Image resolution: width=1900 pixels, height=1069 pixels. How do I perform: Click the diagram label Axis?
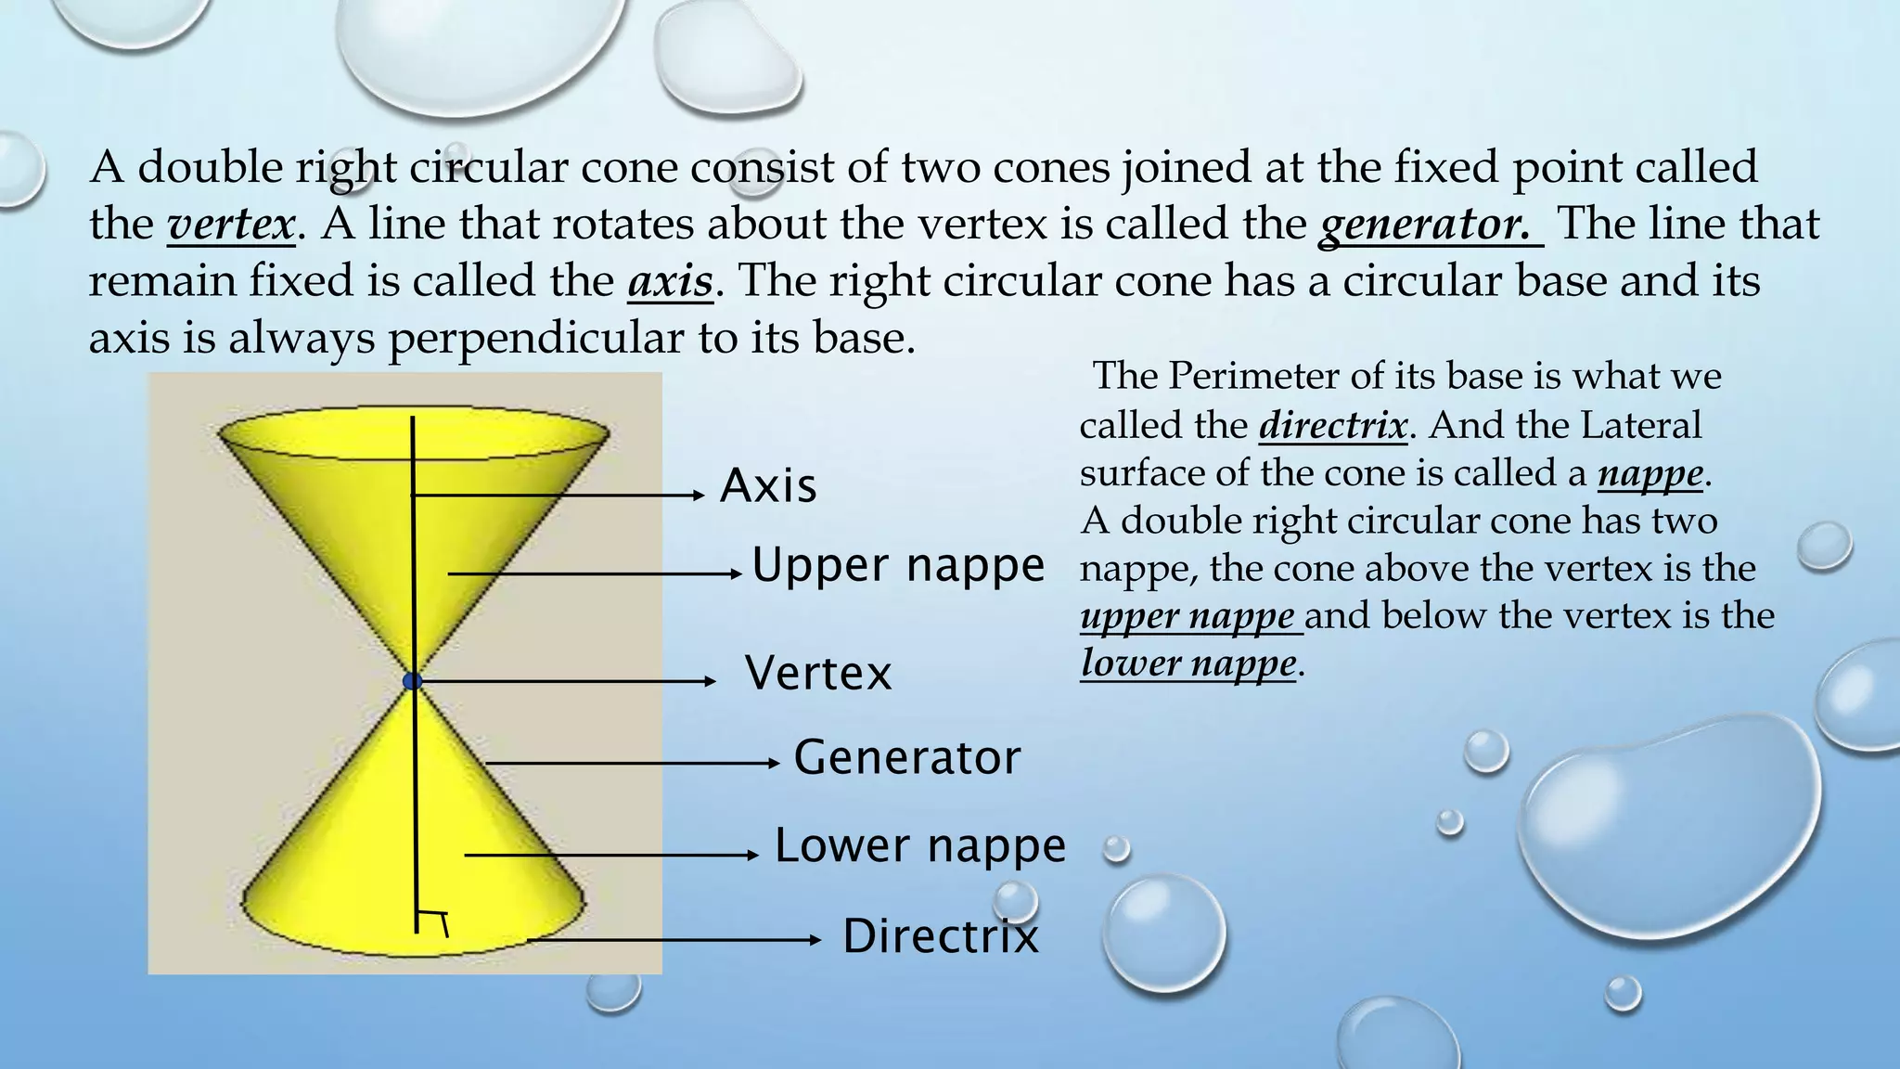click(768, 485)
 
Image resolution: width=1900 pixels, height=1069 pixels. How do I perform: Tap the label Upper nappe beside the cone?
click(898, 564)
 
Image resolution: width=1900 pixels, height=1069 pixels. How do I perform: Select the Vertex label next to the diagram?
click(817, 673)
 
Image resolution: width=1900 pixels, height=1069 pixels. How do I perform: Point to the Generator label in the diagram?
click(906, 757)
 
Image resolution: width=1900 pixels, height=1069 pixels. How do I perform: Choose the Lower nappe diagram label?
click(920, 845)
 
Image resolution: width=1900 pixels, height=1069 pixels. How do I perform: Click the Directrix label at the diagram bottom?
click(940, 935)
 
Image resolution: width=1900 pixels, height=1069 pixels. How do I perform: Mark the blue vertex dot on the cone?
click(413, 681)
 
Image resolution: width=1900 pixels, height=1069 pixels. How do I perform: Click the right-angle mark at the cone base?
click(432, 922)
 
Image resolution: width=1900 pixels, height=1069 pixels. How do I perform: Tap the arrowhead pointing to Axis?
click(700, 496)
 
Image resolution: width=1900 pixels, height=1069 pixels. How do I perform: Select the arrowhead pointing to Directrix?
click(815, 940)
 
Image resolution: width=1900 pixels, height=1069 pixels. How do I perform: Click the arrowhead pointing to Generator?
click(774, 763)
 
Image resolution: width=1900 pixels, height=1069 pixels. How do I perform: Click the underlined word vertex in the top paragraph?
click(231, 225)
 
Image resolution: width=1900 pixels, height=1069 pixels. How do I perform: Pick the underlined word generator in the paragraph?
click(1424, 225)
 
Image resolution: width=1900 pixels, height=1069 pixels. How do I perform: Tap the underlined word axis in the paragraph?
click(670, 281)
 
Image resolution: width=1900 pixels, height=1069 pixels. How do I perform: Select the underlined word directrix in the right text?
click(1332, 425)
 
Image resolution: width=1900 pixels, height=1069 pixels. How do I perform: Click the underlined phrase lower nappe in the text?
click(1188, 663)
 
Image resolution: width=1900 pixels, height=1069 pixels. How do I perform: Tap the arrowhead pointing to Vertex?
click(711, 681)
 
